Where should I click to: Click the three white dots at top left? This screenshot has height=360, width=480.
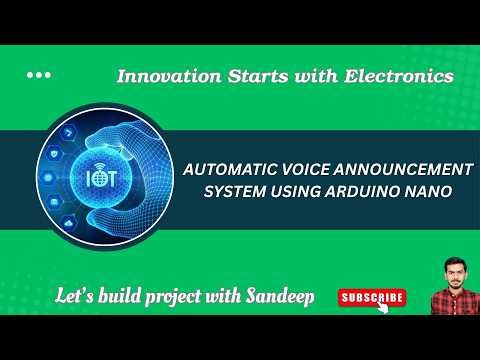pos(38,75)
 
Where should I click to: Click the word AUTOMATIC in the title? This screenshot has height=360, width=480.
pos(228,171)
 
